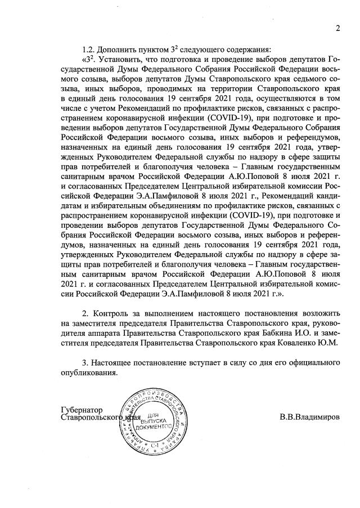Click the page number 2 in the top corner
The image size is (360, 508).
point(339,29)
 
